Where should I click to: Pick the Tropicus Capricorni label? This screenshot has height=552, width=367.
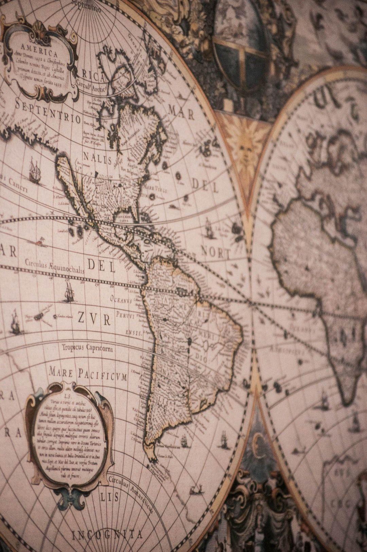click(x=88, y=348)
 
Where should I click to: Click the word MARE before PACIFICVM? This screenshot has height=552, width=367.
click(x=61, y=372)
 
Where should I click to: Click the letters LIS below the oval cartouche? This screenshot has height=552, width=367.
click(x=109, y=497)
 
